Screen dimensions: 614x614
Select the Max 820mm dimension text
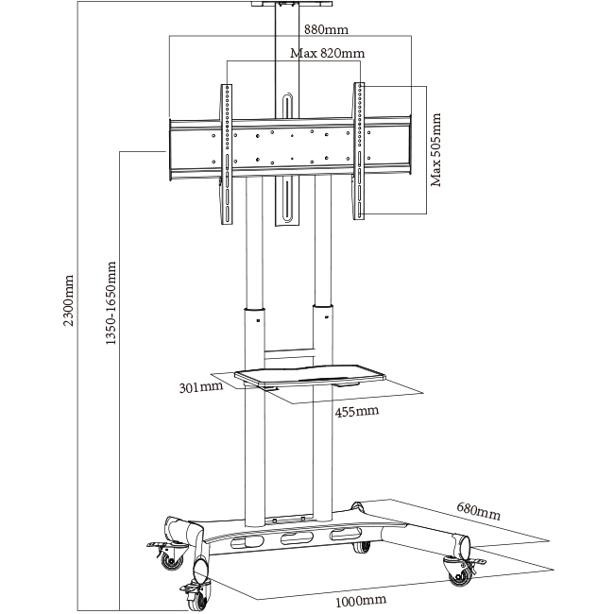click(x=327, y=54)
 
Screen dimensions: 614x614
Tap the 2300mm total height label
click(x=68, y=301)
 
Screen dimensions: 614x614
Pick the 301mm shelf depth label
click(x=199, y=386)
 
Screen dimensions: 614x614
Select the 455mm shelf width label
click(x=356, y=412)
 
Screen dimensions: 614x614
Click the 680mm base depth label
click(x=477, y=511)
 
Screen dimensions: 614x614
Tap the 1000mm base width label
click(x=362, y=600)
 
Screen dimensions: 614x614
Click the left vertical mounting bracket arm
click(x=227, y=154)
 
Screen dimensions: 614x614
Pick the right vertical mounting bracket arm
click(x=360, y=152)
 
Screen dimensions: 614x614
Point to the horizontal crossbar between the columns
click(x=288, y=355)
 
